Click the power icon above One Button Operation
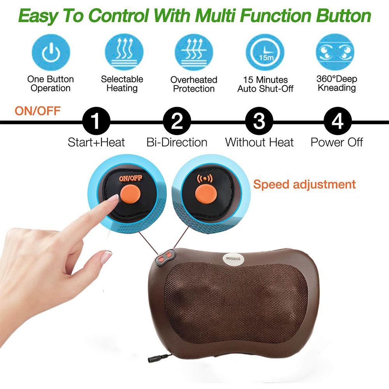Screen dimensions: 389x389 tap(51, 53)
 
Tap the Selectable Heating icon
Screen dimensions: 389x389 tap(124, 53)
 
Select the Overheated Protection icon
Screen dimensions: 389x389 tap(194, 53)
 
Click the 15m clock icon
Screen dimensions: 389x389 tap(265, 53)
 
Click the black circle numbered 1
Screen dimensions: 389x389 tap(96, 121)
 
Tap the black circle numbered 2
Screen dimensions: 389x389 tap(177, 121)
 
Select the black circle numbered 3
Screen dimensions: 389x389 tap(259, 121)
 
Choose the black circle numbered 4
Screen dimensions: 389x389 tap(338, 121)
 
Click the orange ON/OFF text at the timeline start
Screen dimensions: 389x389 tap(37, 110)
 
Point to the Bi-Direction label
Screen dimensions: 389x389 tap(177, 142)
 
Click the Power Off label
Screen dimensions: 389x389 tap(336, 142)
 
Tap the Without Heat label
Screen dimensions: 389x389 tap(259, 142)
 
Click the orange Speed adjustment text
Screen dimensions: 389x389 tap(305, 184)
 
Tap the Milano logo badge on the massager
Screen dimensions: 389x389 tap(233, 259)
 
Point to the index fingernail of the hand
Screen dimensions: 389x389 tap(113, 198)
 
